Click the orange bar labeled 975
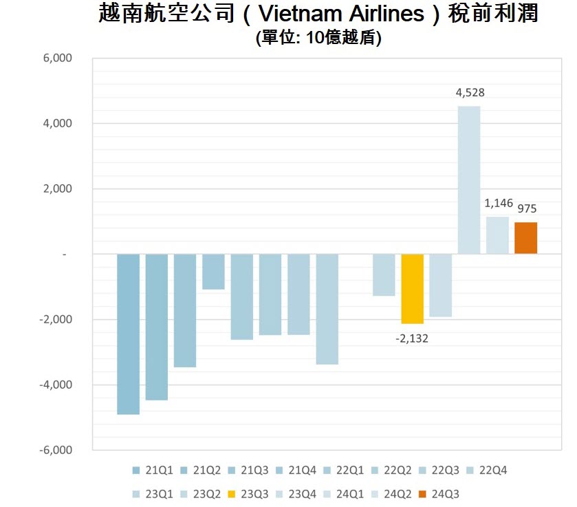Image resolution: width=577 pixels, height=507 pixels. point(525,238)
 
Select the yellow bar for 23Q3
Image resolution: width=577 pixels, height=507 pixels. point(413,288)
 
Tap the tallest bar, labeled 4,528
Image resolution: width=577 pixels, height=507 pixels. point(469,180)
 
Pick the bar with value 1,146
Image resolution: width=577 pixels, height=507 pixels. point(497,235)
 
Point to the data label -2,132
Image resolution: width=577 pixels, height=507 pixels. point(412,338)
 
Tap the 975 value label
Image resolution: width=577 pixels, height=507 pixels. point(527,208)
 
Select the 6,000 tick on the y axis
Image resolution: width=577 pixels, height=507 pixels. point(58,58)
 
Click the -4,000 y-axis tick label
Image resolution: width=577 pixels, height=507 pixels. point(56,385)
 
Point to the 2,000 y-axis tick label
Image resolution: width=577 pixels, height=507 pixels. point(58,189)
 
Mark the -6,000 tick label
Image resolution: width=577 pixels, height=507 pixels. point(56,451)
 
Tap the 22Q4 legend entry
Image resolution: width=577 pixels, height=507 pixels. point(486,471)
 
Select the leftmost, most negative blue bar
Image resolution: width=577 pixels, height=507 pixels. point(128,334)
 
